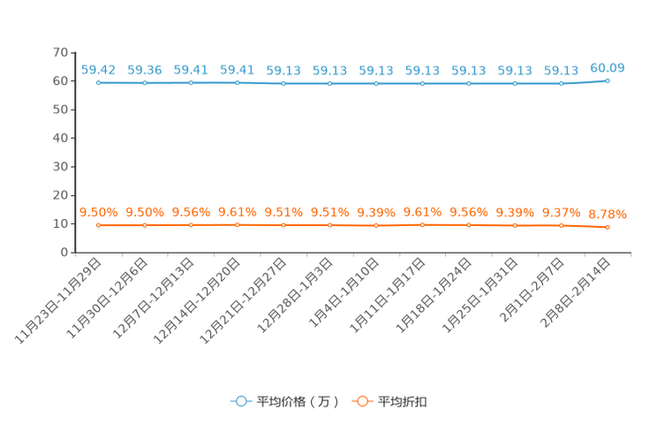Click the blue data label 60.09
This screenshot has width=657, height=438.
coord(608,68)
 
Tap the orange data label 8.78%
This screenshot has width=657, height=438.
coord(608,215)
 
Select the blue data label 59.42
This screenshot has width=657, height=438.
coord(98,70)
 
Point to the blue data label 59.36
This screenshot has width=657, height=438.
coord(145,70)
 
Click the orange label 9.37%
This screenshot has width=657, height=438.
coord(561,213)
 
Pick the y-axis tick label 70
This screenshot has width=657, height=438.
coord(60,52)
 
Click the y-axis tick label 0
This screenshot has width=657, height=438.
coord(64,253)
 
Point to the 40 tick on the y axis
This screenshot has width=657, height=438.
coord(60,138)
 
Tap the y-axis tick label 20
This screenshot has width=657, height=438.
coord(60,195)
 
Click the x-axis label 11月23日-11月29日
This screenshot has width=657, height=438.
coord(58,301)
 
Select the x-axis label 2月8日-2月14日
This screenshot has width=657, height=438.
coord(575,293)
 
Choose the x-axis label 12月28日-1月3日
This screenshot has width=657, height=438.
coord(295,296)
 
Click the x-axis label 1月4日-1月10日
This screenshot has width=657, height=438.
coord(344,292)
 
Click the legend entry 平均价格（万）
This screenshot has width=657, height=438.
coord(285,402)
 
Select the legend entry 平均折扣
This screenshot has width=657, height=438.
coord(389,402)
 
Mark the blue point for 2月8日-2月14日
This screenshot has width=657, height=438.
coord(608,81)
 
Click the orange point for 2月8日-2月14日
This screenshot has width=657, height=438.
coord(608,227)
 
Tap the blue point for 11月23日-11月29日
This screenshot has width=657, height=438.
coord(99,83)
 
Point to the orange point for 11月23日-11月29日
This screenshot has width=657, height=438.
coord(99,225)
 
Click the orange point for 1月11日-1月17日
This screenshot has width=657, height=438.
coord(422,224)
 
